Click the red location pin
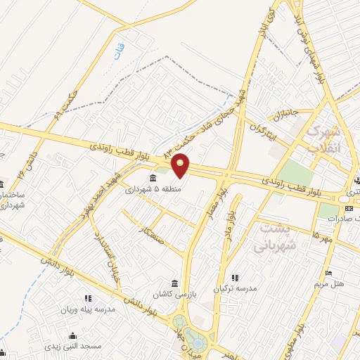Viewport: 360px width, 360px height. click(181, 165)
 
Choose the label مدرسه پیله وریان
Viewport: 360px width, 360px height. click(90, 309)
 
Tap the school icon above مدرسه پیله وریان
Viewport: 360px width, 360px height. click(88, 299)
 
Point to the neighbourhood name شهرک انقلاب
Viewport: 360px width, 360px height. click(324, 140)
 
